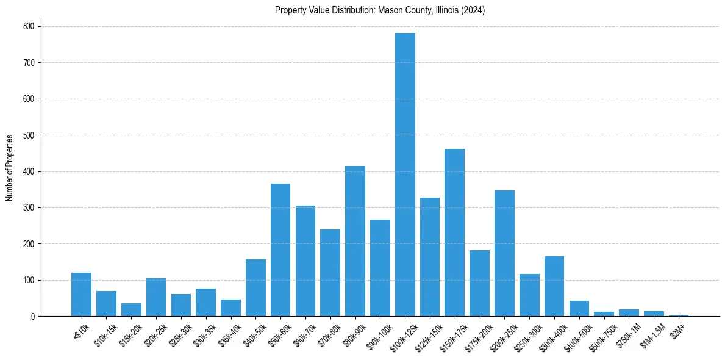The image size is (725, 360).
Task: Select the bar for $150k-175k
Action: point(454,232)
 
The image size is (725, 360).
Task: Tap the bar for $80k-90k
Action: point(355,241)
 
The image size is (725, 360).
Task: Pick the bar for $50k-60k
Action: point(280,250)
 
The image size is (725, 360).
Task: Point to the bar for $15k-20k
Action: point(131,310)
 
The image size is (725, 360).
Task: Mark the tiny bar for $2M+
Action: point(679,315)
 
